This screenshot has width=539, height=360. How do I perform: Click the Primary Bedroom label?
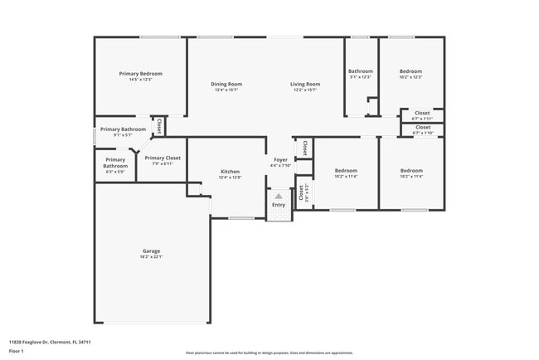tap(140, 74)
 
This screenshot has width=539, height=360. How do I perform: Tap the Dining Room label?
tap(226, 84)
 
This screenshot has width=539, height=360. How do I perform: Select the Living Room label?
tap(305, 84)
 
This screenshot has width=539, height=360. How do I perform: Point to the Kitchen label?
tap(230, 172)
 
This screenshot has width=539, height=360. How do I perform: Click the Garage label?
tap(151, 251)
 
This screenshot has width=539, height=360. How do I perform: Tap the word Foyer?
tap(281, 159)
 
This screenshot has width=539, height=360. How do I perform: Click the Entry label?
tap(279, 205)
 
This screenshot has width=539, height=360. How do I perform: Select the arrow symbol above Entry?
tap(279, 197)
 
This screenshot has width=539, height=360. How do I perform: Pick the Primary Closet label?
tap(163, 158)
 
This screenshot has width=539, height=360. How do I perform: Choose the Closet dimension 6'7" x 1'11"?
tap(423, 119)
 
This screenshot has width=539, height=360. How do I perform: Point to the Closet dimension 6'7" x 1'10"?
tap(423, 133)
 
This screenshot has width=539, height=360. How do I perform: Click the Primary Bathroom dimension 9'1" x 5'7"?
tap(123, 134)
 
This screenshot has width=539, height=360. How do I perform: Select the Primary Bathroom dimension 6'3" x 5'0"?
tap(115, 172)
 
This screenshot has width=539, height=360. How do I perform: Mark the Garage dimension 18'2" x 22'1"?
tap(151, 256)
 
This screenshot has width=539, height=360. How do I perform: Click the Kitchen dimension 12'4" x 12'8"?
tap(230, 178)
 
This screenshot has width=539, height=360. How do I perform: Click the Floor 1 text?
tap(17, 351)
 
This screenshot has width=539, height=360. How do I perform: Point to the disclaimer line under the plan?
tap(269, 353)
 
